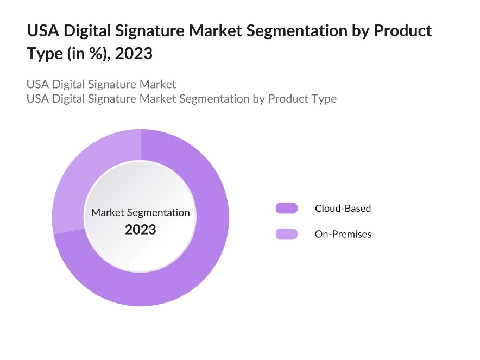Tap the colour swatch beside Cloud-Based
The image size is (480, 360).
click(286, 208)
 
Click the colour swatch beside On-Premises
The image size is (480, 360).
click(286, 234)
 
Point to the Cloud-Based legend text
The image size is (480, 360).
click(343, 208)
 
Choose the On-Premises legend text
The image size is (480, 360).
click(343, 234)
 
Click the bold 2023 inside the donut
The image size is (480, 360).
click(140, 230)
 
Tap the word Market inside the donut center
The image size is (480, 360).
click(108, 212)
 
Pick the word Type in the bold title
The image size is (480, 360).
click(42, 55)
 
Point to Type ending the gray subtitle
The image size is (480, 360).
click(324, 99)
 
